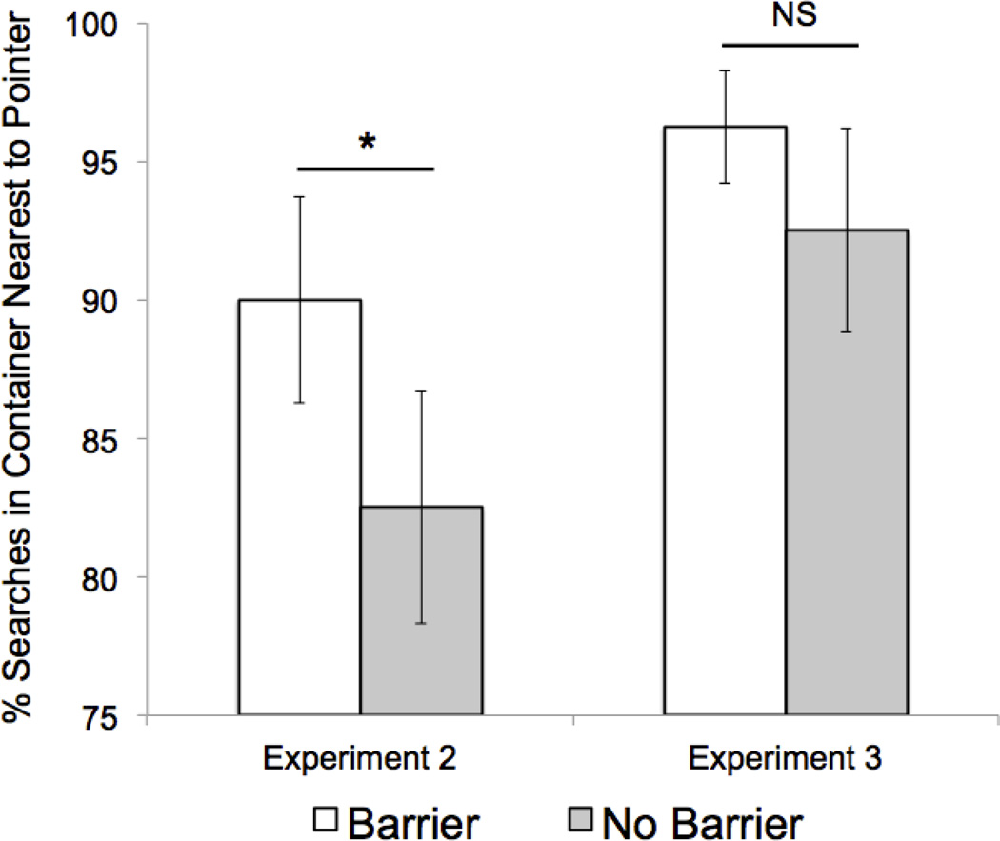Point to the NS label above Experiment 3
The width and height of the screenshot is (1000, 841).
(x=790, y=19)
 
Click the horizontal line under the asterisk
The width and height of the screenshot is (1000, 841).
(x=366, y=169)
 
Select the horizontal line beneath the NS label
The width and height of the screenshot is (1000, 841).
(x=790, y=44)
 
